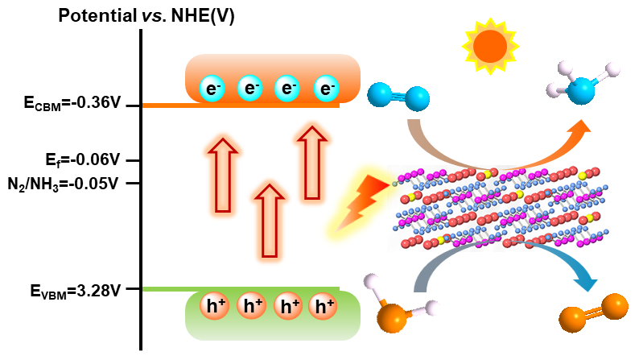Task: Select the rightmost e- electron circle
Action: (x=325, y=89)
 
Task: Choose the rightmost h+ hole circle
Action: (x=324, y=306)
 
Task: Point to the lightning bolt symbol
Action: (x=366, y=201)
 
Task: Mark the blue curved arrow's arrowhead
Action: (x=586, y=279)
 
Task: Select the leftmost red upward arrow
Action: (x=223, y=174)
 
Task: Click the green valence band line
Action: (x=241, y=288)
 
